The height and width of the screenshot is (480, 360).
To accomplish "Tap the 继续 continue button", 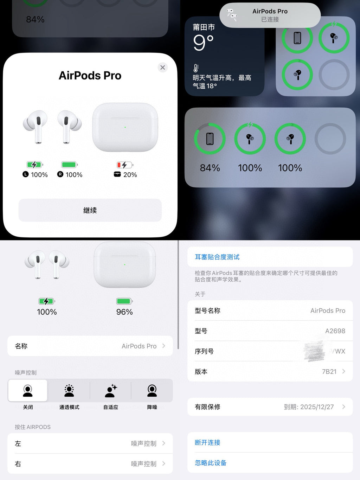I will (90, 210).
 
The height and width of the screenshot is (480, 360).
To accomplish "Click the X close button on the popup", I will (162, 68).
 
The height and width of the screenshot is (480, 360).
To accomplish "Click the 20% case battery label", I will (130, 175).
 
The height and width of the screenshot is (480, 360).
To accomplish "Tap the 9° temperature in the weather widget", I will (203, 43).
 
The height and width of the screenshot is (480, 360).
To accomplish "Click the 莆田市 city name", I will (204, 27).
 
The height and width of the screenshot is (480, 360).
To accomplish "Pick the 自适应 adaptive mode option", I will (111, 391).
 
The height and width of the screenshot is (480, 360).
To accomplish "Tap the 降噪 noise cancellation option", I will (152, 391).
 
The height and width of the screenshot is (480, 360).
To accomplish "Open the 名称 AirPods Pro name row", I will (90, 346).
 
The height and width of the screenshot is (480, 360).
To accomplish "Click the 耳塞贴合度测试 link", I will (217, 257).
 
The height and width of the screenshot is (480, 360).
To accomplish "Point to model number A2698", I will (335, 331).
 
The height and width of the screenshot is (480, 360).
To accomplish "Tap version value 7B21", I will (329, 372).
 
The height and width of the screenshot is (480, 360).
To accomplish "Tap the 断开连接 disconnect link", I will (207, 442).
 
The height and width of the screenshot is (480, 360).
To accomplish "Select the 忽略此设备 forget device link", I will (211, 463).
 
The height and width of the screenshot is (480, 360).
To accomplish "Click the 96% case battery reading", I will (124, 312).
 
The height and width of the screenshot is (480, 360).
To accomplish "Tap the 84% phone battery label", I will (210, 168).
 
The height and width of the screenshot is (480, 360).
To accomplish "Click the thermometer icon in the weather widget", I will (196, 68).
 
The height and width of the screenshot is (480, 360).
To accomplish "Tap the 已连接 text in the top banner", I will (270, 19).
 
